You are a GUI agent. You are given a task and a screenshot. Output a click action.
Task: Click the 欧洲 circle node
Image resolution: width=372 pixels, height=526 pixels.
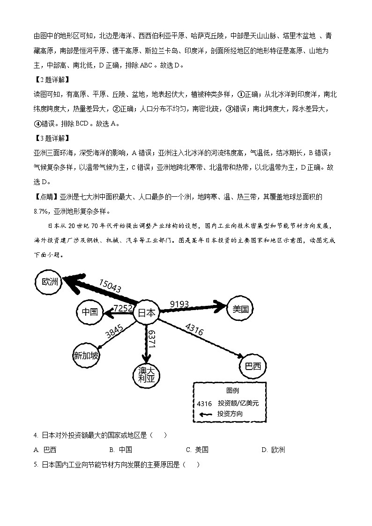pyautogui.click(x=49, y=282)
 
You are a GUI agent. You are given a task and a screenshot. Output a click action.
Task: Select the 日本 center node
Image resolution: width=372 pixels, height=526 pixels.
pyautogui.click(x=146, y=313)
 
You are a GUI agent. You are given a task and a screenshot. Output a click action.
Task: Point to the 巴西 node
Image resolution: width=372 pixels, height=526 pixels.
pyautogui.click(x=253, y=366)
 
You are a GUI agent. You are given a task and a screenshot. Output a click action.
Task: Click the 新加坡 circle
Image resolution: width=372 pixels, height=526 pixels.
pyautogui.click(x=87, y=356)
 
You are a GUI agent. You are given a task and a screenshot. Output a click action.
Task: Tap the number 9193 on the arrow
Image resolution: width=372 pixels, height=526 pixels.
pyautogui.click(x=179, y=304)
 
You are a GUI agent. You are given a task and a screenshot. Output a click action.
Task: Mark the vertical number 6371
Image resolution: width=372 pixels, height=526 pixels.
pyautogui.click(x=151, y=338)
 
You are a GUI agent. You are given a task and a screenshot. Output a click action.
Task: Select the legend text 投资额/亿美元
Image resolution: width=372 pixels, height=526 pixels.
pyautogui.click(x=238, y=403)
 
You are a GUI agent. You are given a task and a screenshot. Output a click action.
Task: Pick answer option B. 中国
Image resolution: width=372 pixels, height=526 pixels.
pyautogui.click(x=120, y=450)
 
